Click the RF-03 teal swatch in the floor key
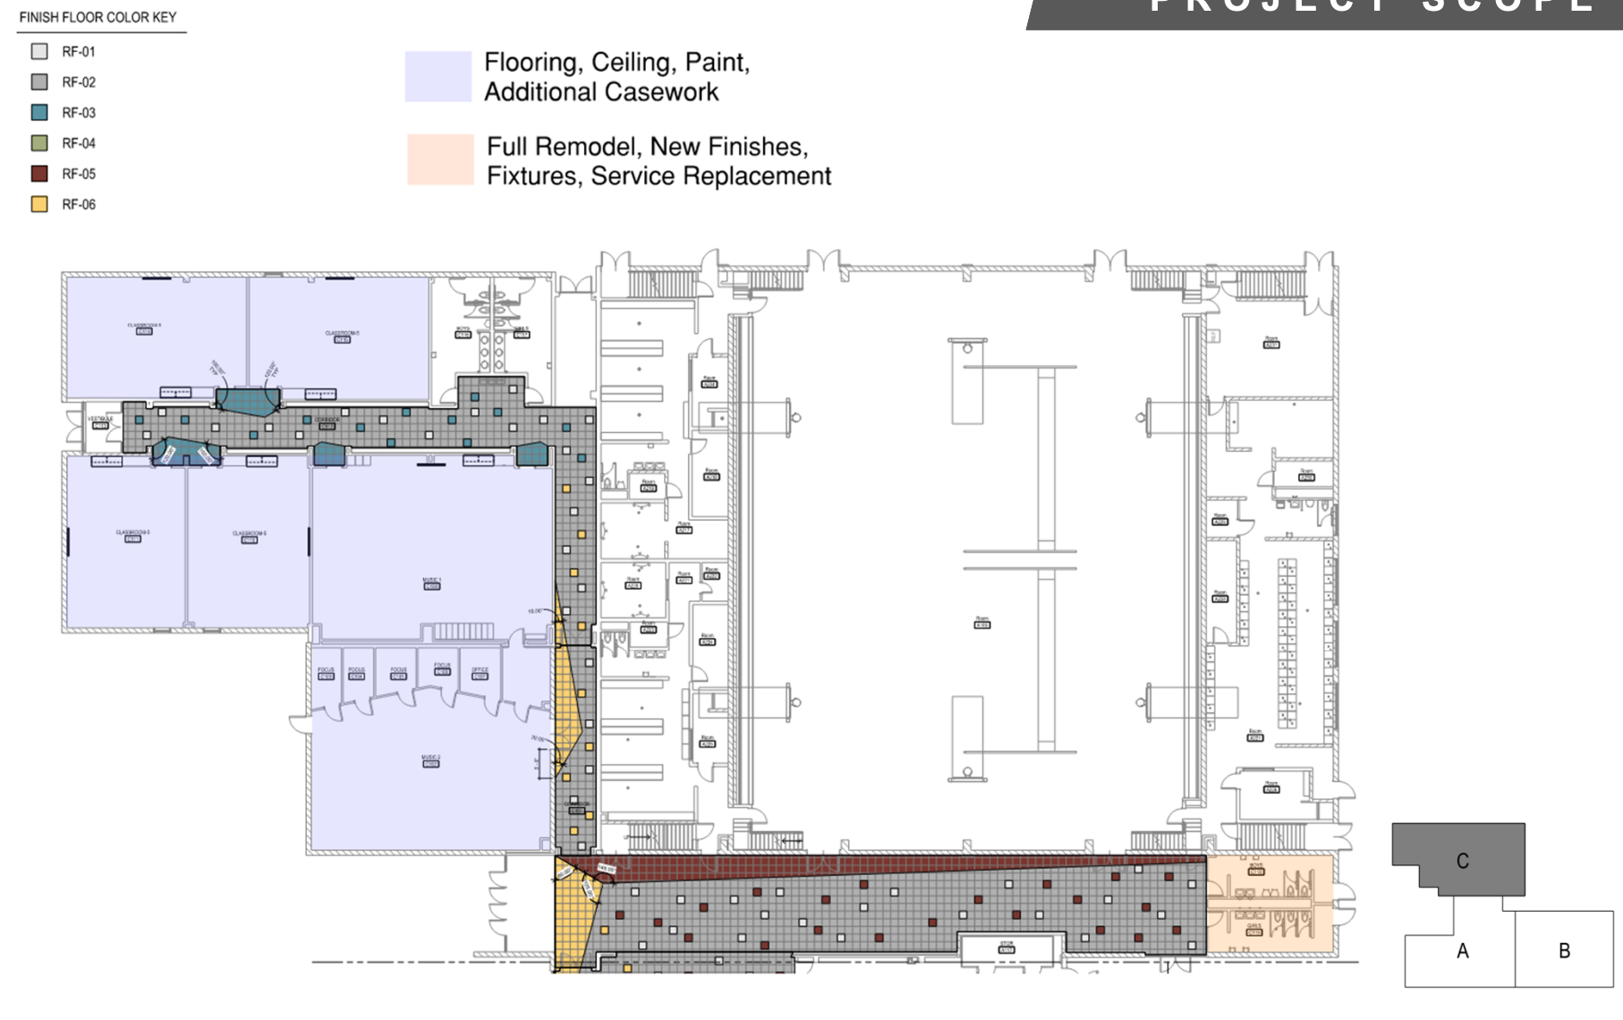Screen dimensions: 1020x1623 point(39,113)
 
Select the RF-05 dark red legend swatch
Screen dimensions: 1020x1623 point(39,174)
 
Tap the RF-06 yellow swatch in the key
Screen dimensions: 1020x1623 point(39,204)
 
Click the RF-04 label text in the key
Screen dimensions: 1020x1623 point(79,143)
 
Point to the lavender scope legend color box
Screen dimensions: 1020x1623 point(438,76)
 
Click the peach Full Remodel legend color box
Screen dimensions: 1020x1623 point(440,160)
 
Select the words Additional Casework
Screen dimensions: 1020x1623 point(601,92)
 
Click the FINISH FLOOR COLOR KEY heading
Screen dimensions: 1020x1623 point(98,17)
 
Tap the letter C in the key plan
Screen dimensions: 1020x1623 point(1462,861)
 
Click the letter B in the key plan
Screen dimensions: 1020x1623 point(1564,951)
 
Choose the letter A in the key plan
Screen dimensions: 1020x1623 point(1462,951)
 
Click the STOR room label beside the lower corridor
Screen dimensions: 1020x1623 point(1007,946)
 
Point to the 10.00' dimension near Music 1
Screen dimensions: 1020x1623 point(534,611)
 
